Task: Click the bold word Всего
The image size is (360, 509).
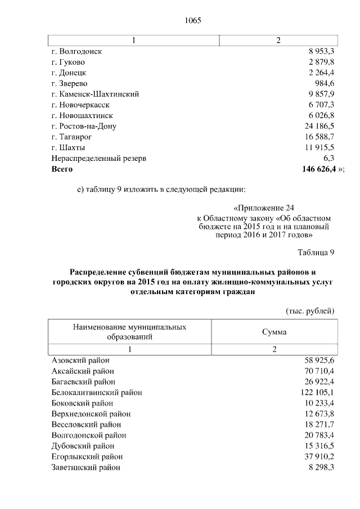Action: point(62,169)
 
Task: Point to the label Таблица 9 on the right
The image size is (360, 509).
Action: point(316,251)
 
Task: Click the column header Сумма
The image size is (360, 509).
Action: point(274,332)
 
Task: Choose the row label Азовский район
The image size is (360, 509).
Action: point(80,361)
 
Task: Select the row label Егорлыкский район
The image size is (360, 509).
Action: point(87,457)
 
